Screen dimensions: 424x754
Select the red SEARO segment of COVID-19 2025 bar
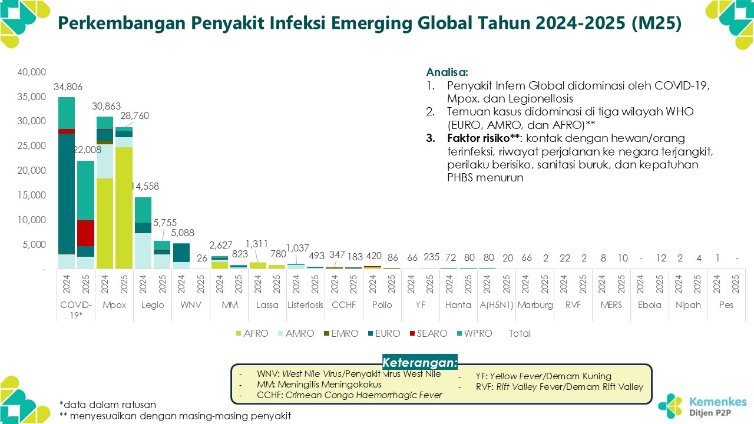coord(85,233)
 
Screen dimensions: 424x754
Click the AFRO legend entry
coord(252,333)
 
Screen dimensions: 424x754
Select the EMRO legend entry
coord(341,333)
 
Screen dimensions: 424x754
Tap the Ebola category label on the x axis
coord(650,305)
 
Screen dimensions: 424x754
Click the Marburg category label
coord(534,305)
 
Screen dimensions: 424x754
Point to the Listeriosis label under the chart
coord(305,305)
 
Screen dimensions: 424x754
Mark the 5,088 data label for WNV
coord(182,233)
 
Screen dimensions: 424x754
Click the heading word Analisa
coord(447,72)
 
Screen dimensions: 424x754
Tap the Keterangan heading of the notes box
coord(419,362)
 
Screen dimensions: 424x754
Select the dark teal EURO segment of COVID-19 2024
coord(66,194)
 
